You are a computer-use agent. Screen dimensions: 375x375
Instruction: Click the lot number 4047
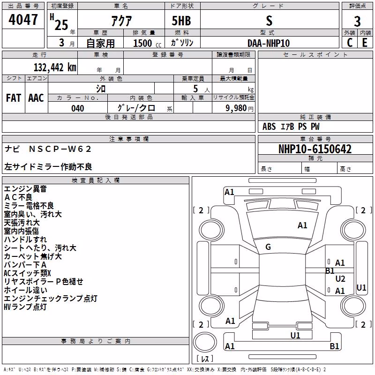point(23,20)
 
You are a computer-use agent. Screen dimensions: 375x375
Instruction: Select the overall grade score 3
point(357,21)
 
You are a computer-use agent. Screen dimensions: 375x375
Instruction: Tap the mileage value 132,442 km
point(55,67)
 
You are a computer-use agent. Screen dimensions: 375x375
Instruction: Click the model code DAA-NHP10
point(269,43)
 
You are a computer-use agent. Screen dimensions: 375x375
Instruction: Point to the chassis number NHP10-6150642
point(315,149)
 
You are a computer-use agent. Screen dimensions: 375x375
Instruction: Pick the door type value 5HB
point(181,21)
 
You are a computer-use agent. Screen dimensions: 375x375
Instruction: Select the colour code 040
point(78,108)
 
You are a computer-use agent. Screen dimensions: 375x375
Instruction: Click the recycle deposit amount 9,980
point(236,108)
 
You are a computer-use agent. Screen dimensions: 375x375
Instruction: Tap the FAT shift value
point(14,98)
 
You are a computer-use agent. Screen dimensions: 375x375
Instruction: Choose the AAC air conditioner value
point(36,98)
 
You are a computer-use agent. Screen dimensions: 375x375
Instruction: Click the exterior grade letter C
point(350,43)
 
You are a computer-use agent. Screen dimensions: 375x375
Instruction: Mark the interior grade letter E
point(365,43)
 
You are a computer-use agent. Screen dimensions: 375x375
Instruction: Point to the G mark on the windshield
point(268,247)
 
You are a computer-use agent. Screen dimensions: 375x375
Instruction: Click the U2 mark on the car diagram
point(340,278)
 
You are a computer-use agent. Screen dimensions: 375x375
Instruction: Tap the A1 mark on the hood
point(302,225)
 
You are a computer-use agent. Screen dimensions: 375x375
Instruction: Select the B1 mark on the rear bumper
point(334,346)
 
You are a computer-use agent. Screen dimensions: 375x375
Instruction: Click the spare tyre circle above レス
point(205,342)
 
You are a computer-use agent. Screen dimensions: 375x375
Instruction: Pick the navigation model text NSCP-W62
point(60,149)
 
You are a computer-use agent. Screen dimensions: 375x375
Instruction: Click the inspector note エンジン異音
point(25,189)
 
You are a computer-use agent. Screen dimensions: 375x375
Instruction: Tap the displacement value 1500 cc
point(147,43)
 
